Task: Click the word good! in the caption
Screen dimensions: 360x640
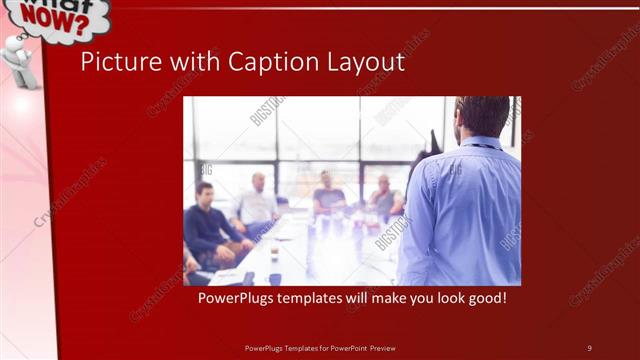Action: [485, 298]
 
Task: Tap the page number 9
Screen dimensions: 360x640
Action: [589, 347]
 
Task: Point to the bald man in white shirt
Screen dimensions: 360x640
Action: [256, 200]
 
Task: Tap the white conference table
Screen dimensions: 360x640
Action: [300, 255]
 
